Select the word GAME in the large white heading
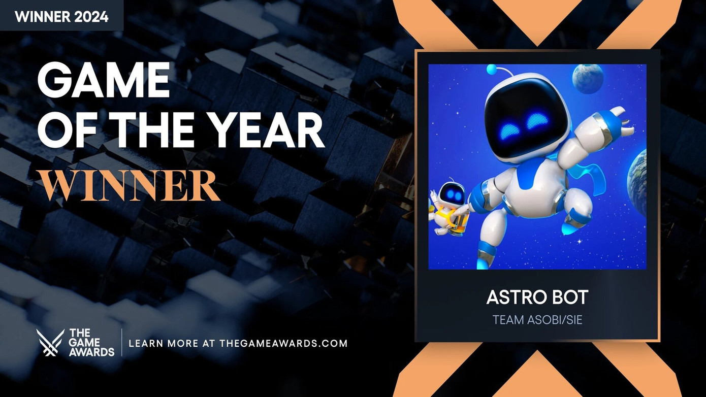point(104,82)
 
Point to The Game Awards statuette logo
point(50,343)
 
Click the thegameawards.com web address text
point(283,343)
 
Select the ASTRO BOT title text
point(537,297)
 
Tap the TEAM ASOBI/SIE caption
point(537,320)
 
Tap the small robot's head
point(449,193)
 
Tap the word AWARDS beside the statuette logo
point(91,351)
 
